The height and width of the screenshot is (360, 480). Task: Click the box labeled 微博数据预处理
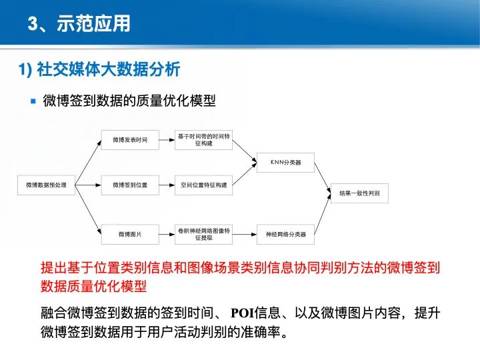46,185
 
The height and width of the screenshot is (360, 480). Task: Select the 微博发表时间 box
130,140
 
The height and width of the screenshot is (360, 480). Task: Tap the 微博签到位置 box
130,185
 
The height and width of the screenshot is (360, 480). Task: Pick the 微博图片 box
130,234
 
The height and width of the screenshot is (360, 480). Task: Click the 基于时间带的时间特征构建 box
204,140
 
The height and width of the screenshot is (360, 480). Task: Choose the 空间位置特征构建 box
204,185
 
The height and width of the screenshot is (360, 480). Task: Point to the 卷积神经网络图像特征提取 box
204,234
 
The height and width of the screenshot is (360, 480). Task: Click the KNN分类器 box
286,162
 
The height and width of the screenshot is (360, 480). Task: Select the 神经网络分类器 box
286,234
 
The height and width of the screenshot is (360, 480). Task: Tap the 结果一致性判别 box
359,193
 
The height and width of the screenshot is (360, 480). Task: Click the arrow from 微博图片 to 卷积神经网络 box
167,234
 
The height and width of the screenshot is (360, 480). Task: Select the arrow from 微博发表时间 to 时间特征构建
167,140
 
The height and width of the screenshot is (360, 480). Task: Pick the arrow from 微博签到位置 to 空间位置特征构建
167,185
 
